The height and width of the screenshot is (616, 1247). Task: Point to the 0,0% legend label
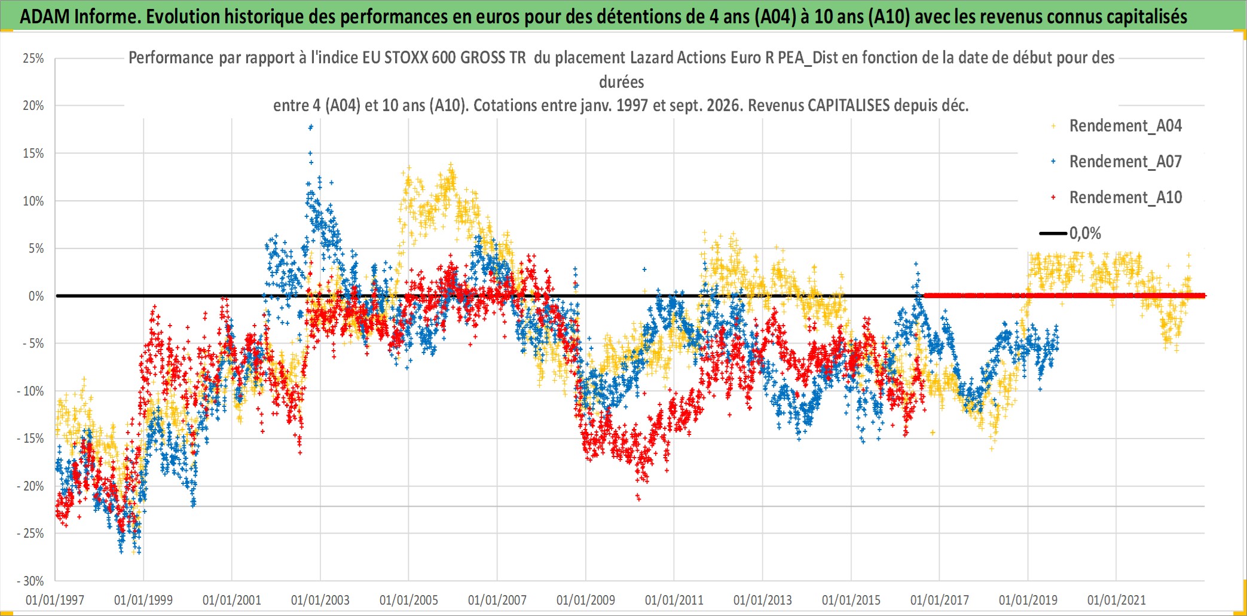(x=1085, y=233)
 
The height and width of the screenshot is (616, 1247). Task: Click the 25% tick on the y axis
(x=33, y=59)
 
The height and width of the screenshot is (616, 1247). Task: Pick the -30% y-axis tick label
(x=30, y=581)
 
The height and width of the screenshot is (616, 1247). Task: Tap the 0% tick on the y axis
(x=36, y=296)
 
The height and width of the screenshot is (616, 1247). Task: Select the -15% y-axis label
(x=30, y=439)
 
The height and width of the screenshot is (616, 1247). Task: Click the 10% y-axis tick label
(x=33, y=201)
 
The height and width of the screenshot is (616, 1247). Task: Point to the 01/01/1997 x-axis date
(x=55, y=600)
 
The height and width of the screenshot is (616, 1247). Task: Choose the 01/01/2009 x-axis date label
(x=586, y=600)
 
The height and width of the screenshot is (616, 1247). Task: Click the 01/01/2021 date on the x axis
(x=1117, y=600)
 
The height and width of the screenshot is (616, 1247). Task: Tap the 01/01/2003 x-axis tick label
(x=320, y=600)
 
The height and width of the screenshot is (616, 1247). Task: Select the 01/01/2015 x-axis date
(x=851, y=600)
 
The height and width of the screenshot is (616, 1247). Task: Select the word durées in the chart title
(x=622, y=82)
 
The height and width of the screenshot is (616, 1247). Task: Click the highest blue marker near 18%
(x=310, y=127)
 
